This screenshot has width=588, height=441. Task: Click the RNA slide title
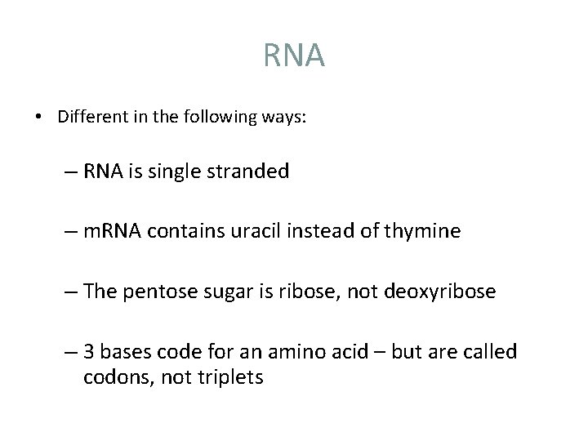pos(294,56)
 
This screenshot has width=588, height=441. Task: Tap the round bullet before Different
pos(39,116)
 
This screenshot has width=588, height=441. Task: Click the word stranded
pos(250,171)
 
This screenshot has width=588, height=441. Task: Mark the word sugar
pos(225,292)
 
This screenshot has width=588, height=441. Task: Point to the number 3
pos(88,352)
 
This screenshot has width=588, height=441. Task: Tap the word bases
pos(123,352)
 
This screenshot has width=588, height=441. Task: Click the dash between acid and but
pos(381,352)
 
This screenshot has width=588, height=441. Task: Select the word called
pos(489,352)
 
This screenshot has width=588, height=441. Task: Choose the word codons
pos(112,377)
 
